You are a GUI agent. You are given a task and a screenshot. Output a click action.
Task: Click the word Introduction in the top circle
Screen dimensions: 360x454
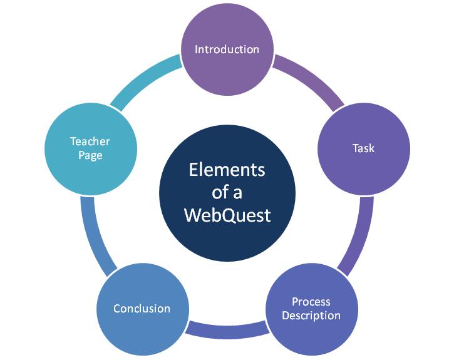pos(227,49)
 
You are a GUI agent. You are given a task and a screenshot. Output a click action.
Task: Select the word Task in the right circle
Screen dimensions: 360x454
pos(363,148)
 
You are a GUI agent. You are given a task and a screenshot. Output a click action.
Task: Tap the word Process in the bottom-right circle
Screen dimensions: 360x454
pos(311,302)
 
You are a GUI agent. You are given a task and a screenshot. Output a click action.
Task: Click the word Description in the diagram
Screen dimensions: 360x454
pos(311,316)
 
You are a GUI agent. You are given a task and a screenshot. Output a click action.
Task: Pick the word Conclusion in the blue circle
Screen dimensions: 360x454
pos(142,309)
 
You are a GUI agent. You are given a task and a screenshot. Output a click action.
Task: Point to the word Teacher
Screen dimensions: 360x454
pos(90,141)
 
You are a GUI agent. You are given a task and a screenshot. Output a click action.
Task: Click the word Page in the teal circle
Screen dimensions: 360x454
pos(90,155)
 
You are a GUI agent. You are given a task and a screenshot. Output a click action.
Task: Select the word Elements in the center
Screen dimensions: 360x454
pos(227,170)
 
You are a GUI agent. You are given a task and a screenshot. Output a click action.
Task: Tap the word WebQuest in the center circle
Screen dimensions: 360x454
pos(227,215)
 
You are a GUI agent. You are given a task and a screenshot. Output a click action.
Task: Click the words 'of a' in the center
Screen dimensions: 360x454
pos(227,192)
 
